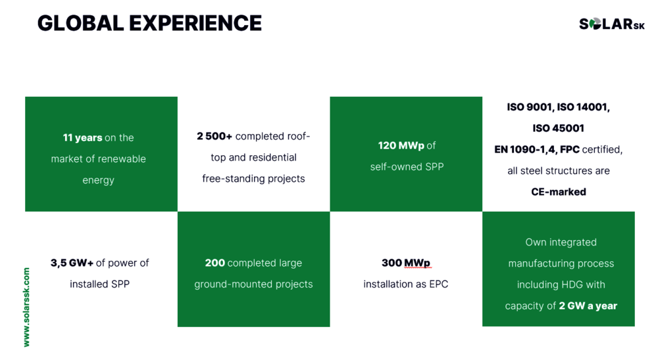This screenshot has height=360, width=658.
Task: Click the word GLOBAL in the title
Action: (80, 23)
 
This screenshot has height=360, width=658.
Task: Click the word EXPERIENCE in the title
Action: (195, 23)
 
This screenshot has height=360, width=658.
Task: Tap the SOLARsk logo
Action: (611, 24)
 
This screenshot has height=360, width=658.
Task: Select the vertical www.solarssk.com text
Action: (26, 307)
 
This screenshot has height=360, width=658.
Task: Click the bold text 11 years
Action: (83, 138)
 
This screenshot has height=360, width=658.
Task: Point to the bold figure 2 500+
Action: (215, 136)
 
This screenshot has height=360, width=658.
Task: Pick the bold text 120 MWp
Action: (401, 145)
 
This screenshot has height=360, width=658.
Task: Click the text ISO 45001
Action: (558, 128)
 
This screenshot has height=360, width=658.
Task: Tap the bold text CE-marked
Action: (559, 192)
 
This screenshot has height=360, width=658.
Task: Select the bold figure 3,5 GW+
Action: (72, 263)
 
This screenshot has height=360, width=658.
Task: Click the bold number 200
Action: (215, 263)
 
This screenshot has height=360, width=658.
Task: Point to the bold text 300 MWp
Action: (406, 263)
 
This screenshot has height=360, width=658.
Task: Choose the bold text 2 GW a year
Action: (588, 306)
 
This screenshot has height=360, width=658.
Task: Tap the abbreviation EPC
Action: (438, 284)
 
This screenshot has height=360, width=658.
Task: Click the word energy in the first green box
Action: (98, 180)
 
